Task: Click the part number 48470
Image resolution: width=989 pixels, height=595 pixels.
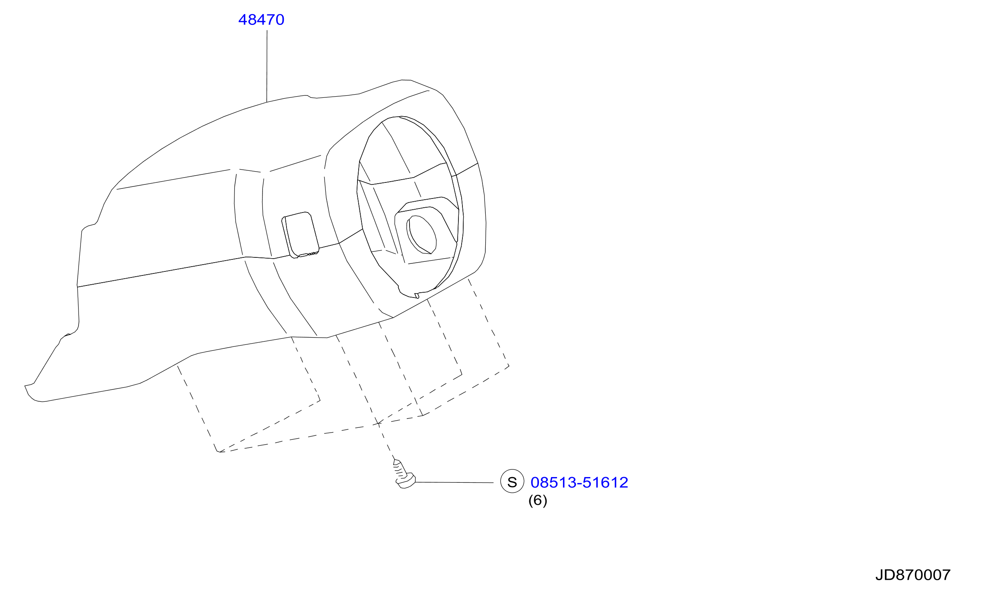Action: tap(261, 20)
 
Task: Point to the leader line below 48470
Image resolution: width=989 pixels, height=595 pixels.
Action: tap(267, 66)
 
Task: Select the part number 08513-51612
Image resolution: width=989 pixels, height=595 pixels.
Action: tap(579, 482)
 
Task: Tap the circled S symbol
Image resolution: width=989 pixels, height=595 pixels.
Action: tap(512, 481)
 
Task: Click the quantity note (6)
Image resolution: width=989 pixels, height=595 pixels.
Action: tap(537, 500)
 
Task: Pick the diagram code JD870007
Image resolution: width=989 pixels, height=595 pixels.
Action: tap(913, 575)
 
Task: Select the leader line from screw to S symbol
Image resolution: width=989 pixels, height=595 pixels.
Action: tap(454, 482)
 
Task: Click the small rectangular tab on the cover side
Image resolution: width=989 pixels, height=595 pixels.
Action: tap(301, 235)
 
